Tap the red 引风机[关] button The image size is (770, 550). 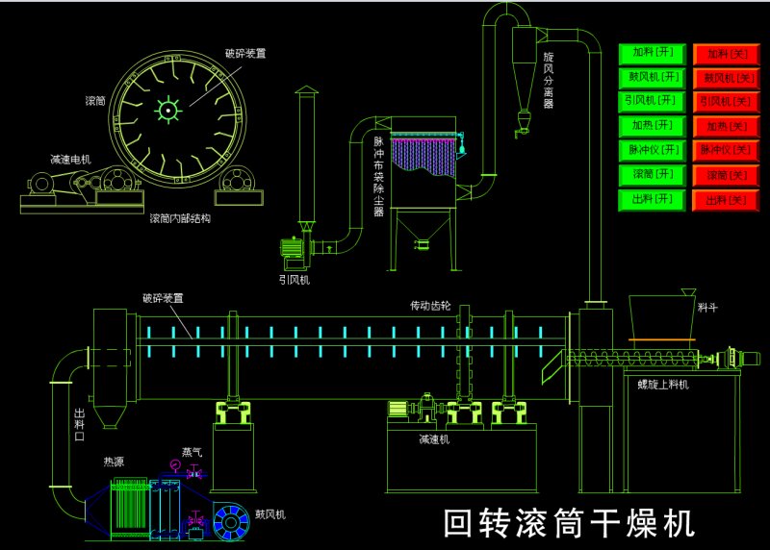tap(725, 101)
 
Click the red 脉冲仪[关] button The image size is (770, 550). tap(725, 150)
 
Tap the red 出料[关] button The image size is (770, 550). tap(725, 199)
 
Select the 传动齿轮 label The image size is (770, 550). tap(429, 306)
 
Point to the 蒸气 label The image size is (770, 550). tap(192, 450)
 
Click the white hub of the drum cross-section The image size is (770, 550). tap(168, 112)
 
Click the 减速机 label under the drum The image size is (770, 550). tap(433, 438)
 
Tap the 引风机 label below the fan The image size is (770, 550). tap(295, 280)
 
